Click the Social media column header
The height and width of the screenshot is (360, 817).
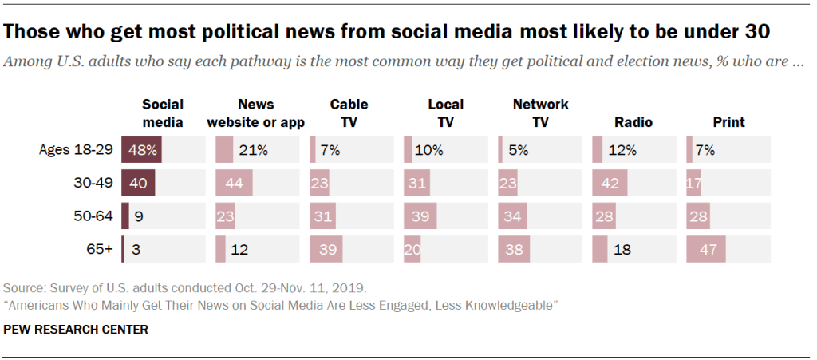click(x=163, y=113)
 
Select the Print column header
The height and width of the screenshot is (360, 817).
click(x=728, y=122)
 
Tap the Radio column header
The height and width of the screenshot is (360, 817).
click(x=633, y=122)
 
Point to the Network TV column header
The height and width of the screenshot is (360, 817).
click(x=541, y=113)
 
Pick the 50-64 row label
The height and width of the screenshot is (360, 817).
click(x=93, y=216)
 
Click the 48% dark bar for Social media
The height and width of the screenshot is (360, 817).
click(x=142, y=149)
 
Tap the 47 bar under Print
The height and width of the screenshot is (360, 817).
click(x=706, y=249)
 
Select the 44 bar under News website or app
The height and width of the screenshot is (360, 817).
click(x=234, y=183)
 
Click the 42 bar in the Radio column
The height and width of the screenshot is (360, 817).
click(x=610, y=183)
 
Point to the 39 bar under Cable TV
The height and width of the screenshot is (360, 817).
click(x=326, y=249)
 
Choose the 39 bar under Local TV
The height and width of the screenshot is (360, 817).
click(x=420, y=216)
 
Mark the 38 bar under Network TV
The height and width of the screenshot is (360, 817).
click(x=514, y=249)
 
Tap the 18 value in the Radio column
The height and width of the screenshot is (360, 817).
click(x=622, y=249)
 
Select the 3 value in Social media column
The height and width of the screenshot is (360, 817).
click(x=136, y=249)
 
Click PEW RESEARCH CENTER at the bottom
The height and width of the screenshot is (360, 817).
click(x=77, y=329)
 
